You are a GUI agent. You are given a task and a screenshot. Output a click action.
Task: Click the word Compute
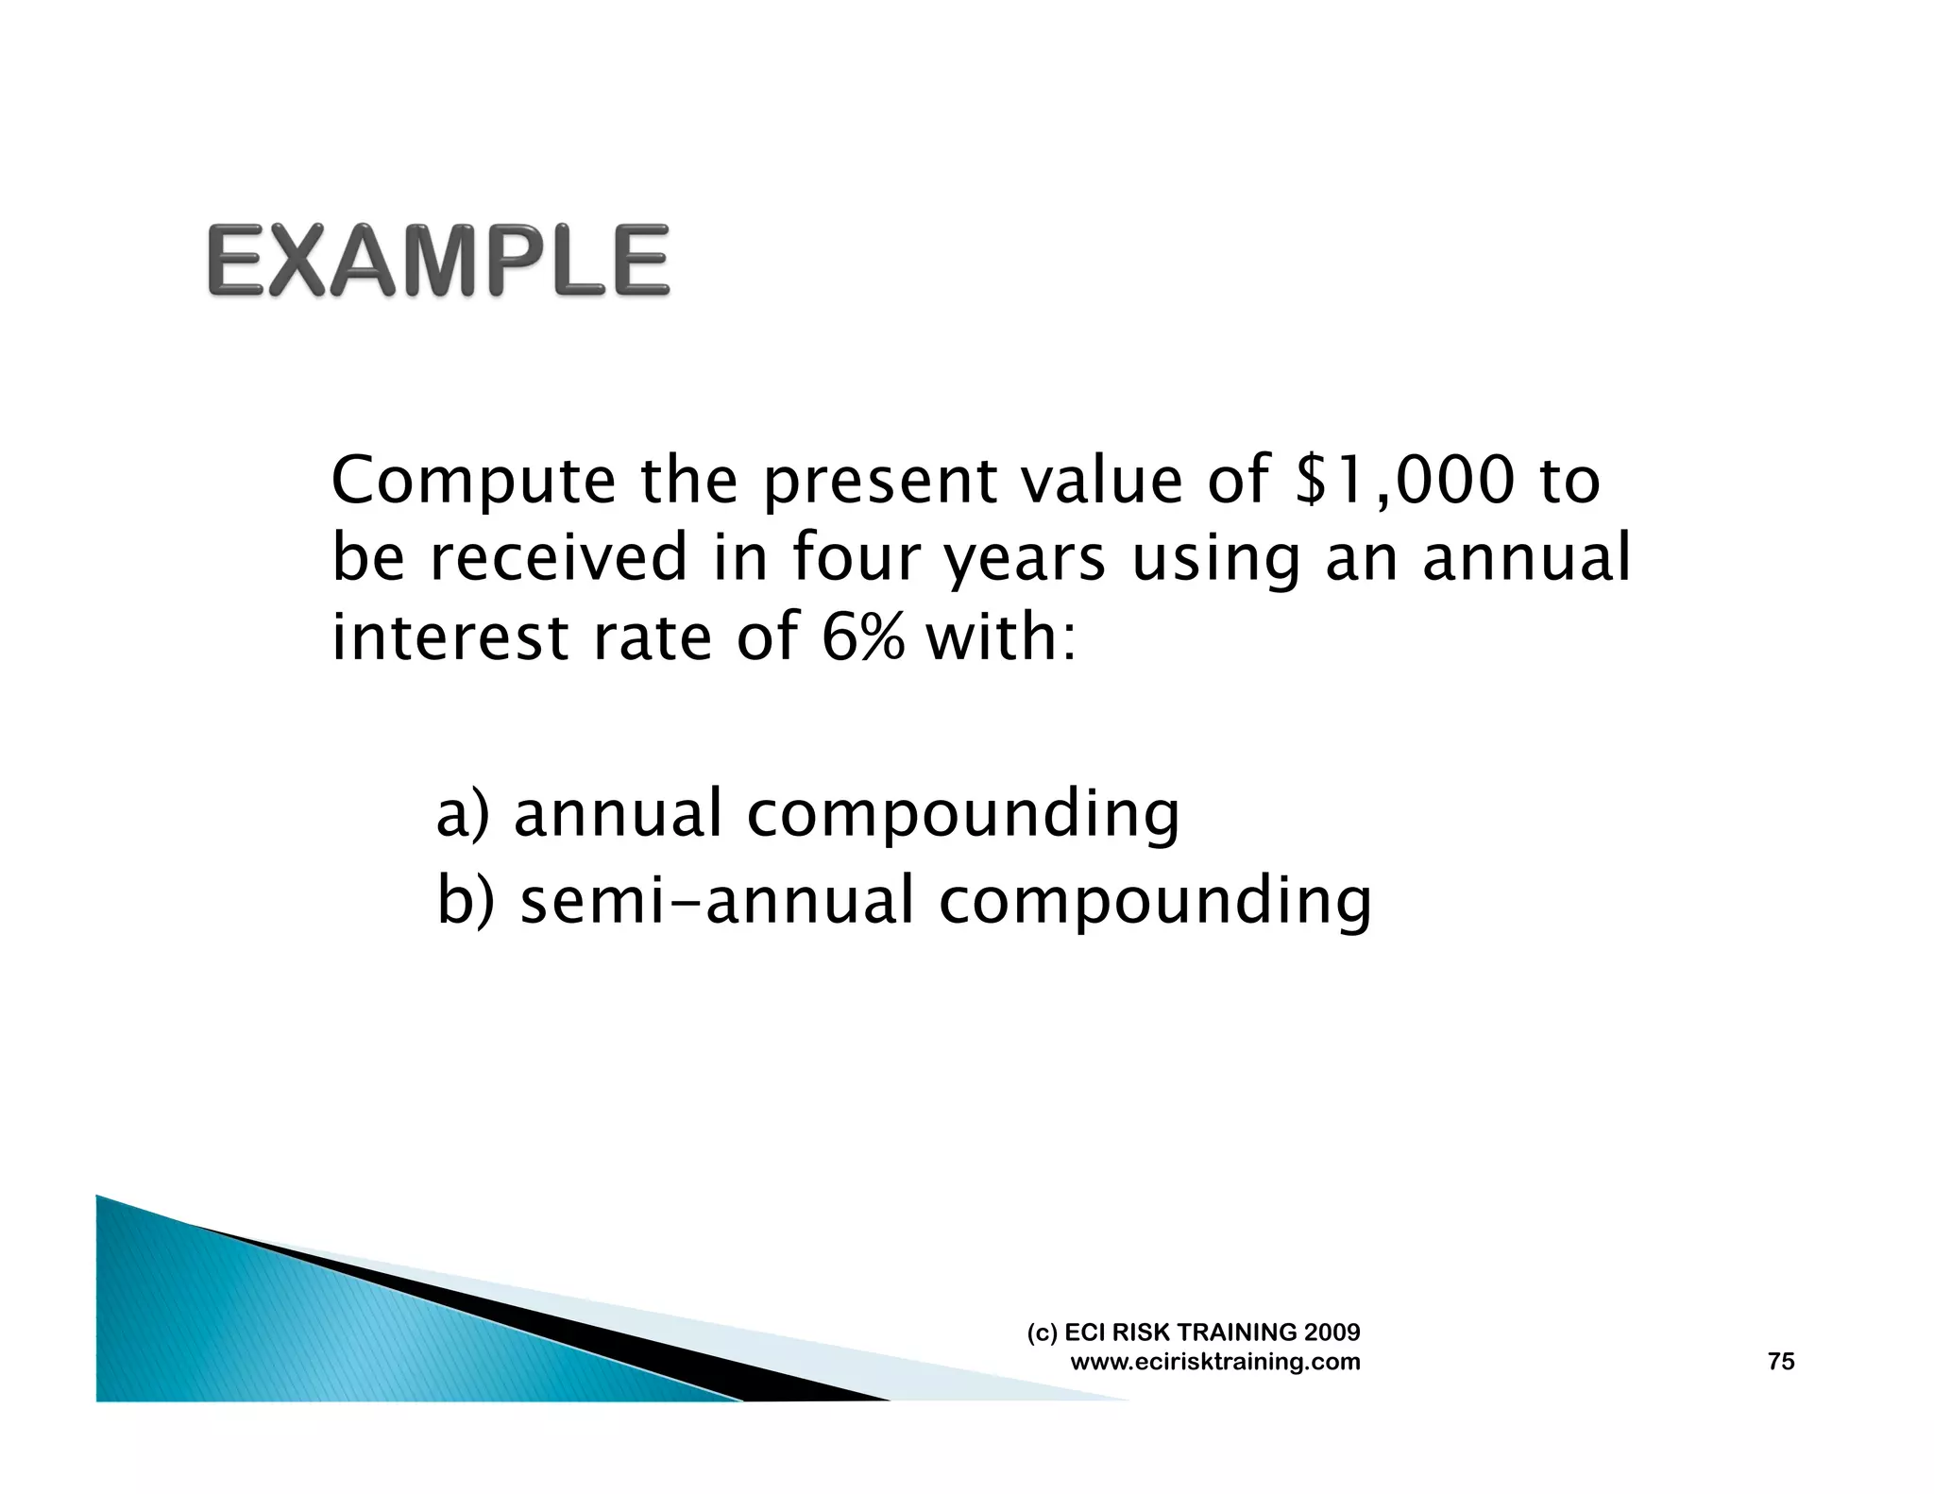point(473,482)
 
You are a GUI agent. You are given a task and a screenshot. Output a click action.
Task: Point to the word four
point(856,557)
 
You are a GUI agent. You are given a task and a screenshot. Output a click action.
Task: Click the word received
point(558,557)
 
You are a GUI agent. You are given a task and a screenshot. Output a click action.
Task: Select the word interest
point(450,637)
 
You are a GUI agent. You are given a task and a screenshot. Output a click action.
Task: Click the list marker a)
point(463,814)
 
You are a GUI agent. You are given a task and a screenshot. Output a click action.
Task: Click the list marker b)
point(466,900)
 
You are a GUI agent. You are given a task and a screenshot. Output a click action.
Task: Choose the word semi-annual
point(717,900)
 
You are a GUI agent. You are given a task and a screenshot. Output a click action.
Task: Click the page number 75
point(1780,1362)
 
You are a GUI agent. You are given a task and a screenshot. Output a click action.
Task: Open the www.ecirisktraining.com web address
point(1215,1362)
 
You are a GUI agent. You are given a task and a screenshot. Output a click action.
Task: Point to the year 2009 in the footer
point(1332,1333)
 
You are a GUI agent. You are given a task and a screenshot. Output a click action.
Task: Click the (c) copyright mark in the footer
point(1042,1333)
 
